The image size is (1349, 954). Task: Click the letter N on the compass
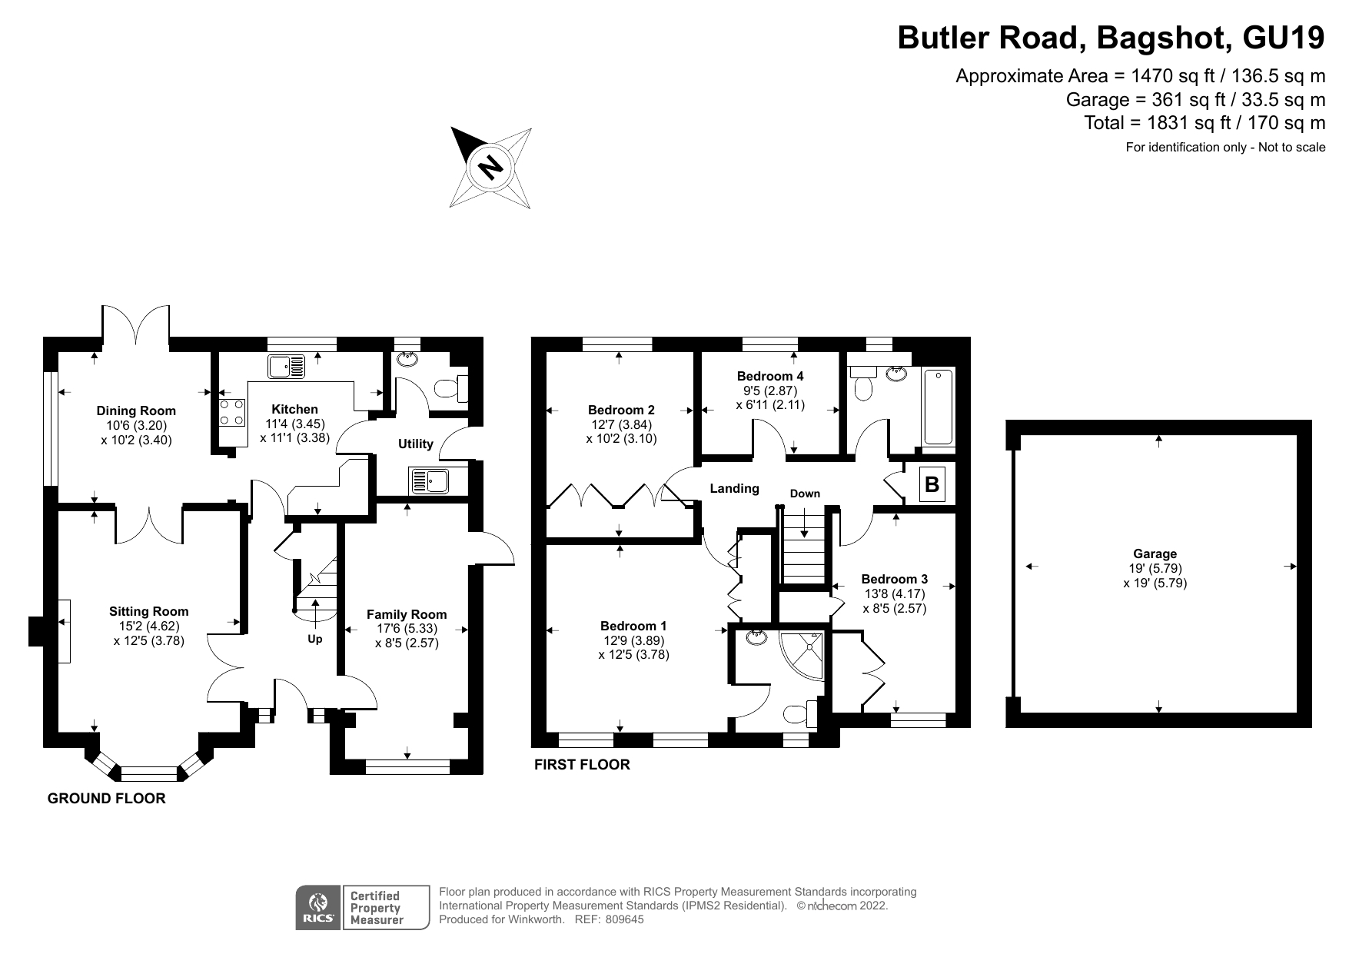tap(490, 167)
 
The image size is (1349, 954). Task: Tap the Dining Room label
tap(136, 411)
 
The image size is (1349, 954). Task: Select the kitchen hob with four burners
tap(233, 412)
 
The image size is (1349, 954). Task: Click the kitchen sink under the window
tap(286, 367)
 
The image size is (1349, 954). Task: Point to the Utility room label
tap(415, 444)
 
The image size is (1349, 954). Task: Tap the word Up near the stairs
tap(315, 639)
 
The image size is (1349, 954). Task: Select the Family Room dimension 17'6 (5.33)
tap(407, 628)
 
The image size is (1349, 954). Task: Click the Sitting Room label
tap(148, 611)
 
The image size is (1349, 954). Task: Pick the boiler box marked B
tap(932, 484)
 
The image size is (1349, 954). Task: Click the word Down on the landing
tap(805, 494)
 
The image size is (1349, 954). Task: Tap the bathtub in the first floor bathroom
tap(939, 409)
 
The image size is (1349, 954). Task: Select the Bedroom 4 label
tap(770, 376)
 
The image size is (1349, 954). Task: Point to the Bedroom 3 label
tap(894, 579)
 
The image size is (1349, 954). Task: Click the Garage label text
tap(1155, 553)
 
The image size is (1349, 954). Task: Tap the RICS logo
tap(318, 907)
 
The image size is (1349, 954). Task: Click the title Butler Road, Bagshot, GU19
tap(1111, 38)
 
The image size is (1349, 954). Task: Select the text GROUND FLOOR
tap(106, 798)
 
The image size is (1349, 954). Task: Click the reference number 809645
tap(624, 919)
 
